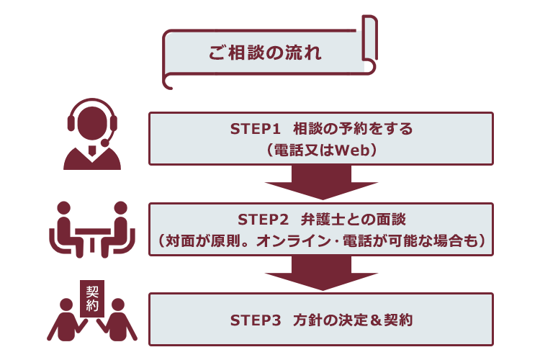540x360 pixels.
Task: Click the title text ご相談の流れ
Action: click(x=265, y=53)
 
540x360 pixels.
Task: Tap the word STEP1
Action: click(x=255, y=129)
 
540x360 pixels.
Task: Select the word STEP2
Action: click(x=263, y=220)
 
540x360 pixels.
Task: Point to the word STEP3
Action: click(x=255, y=320)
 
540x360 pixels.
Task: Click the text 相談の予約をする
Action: click(x=353, y=129)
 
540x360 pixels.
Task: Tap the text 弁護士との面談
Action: click(x=354, y=220)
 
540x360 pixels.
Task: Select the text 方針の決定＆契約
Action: click(x=353, y=320)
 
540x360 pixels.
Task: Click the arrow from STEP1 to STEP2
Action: click(x=321, y=181)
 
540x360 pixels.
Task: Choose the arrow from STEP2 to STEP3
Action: click(x=321, y=272)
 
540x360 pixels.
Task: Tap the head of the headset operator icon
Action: click(x=92, y=123)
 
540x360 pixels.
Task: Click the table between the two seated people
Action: click(x=92, y=238)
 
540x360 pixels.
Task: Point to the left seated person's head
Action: click(x=63, y=208)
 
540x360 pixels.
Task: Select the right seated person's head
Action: click(x=120, y=208)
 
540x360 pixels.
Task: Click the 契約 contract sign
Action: click(x=92, y=298)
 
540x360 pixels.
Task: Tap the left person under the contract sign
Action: click(x=66, y=320)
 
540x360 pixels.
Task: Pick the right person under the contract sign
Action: click(x=117, y=320)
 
